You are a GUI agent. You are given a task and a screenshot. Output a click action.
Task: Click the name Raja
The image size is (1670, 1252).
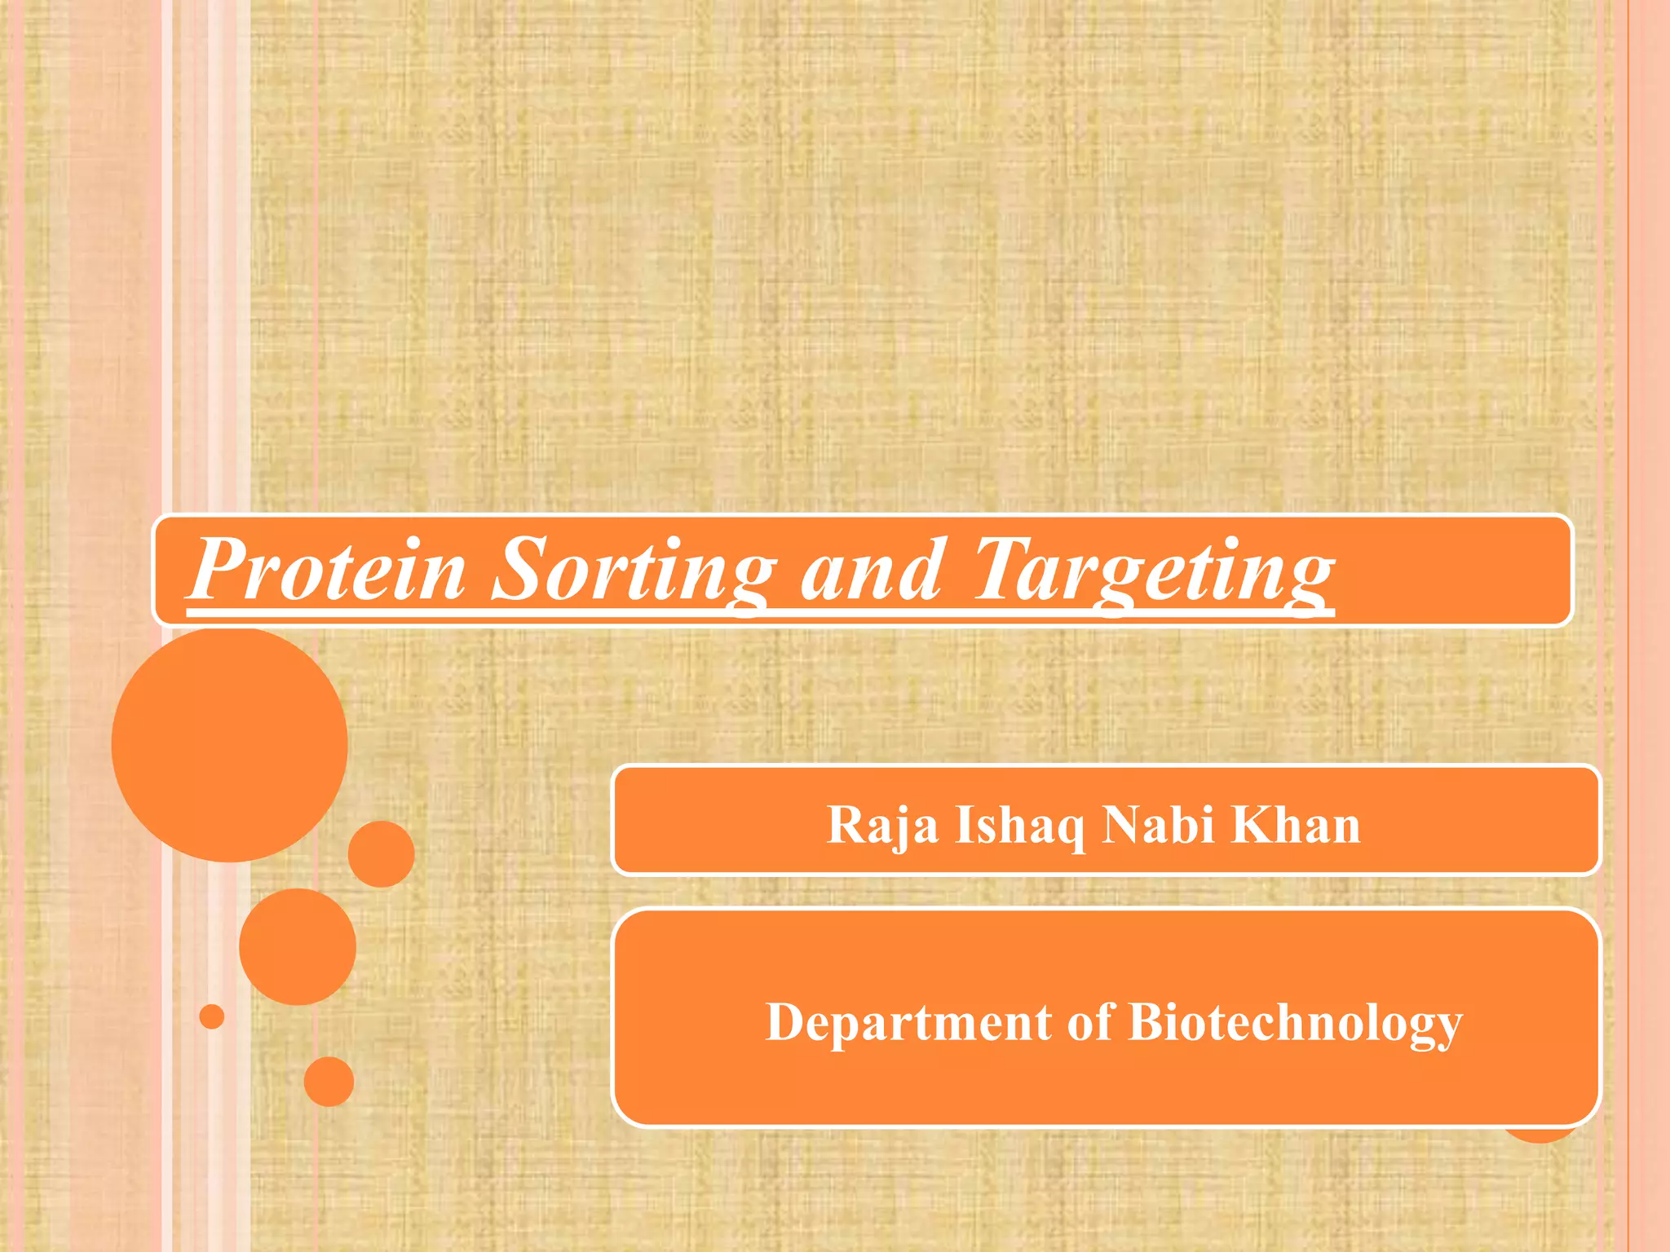click(x=881, y=826)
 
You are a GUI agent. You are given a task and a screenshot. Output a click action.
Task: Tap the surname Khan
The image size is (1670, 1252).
click(x=1296, y=824)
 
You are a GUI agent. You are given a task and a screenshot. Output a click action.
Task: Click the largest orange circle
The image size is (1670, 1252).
click(x=230, y=744)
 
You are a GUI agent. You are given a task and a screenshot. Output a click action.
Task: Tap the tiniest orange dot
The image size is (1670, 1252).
click(x=212, y=1016)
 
